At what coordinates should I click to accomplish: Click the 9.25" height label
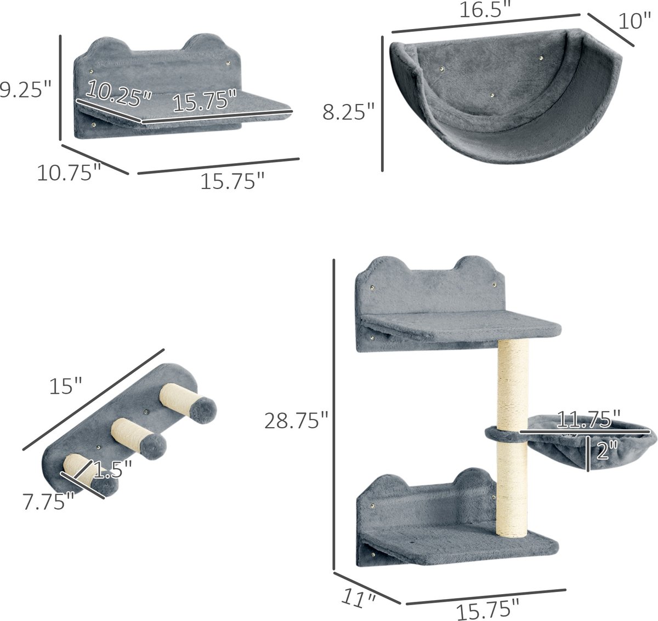[25, 90]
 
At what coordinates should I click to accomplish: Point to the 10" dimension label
[634, 22]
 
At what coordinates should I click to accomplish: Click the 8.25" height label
[349, 112]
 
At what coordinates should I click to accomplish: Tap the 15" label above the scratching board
[65, 386]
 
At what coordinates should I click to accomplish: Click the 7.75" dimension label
[48, 502]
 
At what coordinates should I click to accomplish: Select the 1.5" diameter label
[112, 469]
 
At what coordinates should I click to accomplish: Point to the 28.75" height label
[296, 421]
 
